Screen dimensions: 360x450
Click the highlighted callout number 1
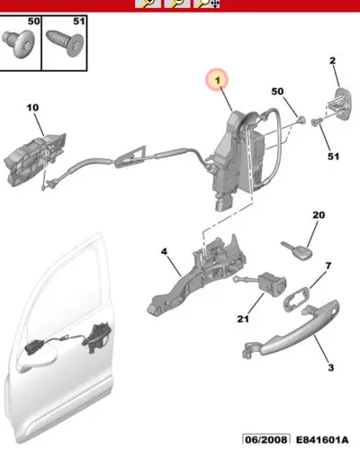click(x=218, y=80)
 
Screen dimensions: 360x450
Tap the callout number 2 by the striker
click(x=332, y=60)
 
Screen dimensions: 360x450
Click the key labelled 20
click(x=297, y=250)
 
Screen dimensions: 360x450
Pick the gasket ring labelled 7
click(x=296, y=299)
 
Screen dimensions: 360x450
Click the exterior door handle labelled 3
click(x=291, y=332)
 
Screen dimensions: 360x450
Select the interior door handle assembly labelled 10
click(x=34, y=160)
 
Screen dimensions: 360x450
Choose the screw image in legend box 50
click(x=19, y=44)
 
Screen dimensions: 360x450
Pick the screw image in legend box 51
click(x=65, y=42)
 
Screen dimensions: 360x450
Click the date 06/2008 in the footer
click(x=266, y=440)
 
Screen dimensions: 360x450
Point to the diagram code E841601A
click(x=322, y=440)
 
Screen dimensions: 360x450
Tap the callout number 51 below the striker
click(x=333, y=157)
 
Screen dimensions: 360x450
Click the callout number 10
click(x=32, y=107)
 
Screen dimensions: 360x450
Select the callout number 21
click(x=243, y=319)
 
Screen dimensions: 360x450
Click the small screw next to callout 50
click(x=301, y=121)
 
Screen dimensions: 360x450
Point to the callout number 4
click(x=164, y=251)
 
